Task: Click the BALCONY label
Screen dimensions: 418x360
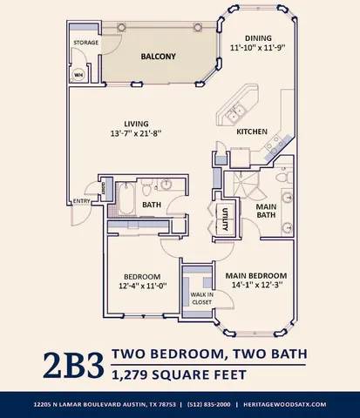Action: (158, 57)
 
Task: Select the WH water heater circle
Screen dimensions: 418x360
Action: (78, 74)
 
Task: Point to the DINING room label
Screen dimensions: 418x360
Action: (258, 38)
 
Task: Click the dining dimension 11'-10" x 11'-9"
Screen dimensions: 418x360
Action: (258, 49)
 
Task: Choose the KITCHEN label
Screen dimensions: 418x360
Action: (252, 131)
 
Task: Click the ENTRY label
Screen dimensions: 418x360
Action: (81, 202)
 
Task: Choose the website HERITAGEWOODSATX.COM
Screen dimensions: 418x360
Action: (285, 405)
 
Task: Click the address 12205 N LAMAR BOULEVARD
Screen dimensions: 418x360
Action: (78, 405)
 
